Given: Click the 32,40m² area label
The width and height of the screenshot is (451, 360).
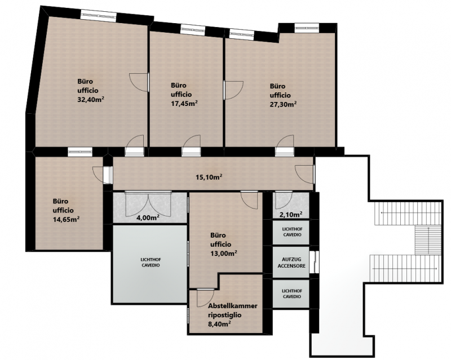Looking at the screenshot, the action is point(91,100).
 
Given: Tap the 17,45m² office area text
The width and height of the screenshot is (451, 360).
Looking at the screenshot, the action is point(184,103).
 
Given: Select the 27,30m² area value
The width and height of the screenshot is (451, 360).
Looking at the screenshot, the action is point(283,104).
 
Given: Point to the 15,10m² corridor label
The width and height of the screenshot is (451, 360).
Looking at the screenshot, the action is point(209,177).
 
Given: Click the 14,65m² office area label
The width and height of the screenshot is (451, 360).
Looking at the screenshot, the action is point(66,219).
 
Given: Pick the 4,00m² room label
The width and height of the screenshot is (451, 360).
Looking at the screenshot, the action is point(148,217).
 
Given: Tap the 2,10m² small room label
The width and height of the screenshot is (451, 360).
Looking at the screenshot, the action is point(291,214).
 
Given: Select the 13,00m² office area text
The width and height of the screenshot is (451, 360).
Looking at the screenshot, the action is point(224,254).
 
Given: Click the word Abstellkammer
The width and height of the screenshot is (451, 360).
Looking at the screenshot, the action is point(233,306).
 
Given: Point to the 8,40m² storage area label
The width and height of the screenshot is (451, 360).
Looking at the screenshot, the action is point(220,324).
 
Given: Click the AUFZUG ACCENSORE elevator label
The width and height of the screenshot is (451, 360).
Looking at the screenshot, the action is point(291,263).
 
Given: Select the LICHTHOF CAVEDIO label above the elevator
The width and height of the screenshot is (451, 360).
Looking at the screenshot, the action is point(292,232).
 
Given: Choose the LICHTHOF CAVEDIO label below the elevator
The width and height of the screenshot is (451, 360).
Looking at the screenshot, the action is point(291,294).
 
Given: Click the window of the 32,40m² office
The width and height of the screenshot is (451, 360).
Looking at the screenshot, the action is point(98,16).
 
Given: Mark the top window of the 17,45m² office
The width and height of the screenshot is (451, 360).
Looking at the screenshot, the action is point(193,30).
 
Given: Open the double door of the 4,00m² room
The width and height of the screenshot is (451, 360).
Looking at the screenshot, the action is point(148,203).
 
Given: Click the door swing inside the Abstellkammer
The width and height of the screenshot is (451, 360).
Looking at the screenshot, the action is point(205,297).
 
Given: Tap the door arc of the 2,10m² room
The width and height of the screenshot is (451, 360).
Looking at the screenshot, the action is point(284,200).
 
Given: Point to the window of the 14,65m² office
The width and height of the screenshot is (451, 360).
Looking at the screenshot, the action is point(80,152).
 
